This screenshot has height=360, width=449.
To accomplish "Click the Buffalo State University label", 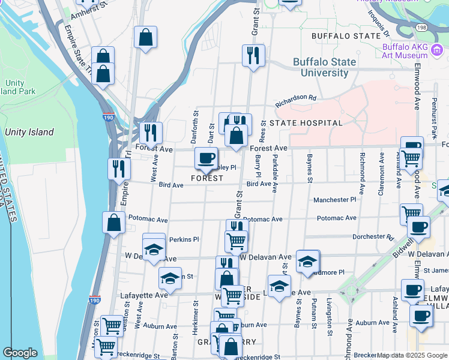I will coord(324,67).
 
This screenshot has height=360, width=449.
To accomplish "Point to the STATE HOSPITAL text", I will coord(306,123).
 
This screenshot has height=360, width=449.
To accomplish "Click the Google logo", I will coord(20,353).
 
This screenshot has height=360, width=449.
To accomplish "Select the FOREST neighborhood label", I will coord(207,178).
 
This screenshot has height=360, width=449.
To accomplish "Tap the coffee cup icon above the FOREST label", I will coord(206,158).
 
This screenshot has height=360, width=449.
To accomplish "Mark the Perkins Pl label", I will coord(184,239).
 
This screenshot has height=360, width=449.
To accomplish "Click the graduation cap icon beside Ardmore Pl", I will coord(307,262).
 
